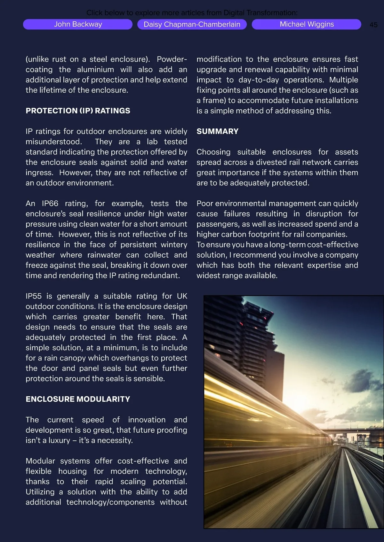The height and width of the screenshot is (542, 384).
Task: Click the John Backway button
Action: click(x=78, y=24)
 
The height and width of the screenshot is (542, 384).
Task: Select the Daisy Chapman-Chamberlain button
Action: click(x=192, y=24)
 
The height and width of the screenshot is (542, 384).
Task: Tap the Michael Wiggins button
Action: click(x=307, y=24)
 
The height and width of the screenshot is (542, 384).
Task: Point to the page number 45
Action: click(x=373, y=25)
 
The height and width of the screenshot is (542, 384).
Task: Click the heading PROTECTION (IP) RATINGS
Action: click(x=78, y=111)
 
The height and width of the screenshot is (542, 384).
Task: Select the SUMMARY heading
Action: click(x=218, y=131)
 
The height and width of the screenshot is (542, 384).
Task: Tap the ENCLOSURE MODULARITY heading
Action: click(x=78, y=399)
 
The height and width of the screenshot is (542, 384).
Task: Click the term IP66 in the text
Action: click(x=50, y=204)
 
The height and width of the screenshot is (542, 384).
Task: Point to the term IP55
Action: click(x=34, y=296)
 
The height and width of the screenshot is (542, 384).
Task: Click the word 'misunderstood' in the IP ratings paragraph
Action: click(x=53, y=142)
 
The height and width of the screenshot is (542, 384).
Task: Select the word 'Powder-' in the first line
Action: click(x=172, y=59)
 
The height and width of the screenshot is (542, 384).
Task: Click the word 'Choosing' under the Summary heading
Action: click(x=213, y=152)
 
